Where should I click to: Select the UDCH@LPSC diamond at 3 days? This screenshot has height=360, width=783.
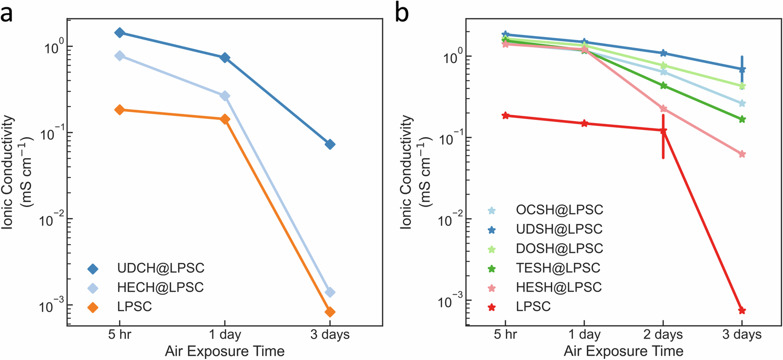[x=330, y=144]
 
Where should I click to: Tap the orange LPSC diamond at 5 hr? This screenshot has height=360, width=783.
[x=120, y=110]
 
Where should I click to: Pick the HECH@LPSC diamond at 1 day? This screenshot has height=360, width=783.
[x=224, y=96]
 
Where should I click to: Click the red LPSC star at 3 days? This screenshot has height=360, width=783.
[x=742, y=310]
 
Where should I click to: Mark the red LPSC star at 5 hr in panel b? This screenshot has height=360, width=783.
[x=505, y=115]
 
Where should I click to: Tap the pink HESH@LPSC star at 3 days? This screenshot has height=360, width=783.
[x=742, y=154]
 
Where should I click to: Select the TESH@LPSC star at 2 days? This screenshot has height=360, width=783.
[x=663, y=86]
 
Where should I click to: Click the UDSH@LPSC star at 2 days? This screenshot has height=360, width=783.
[x=663, y=53]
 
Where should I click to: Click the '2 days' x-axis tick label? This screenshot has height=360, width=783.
[x=663, y=334]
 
